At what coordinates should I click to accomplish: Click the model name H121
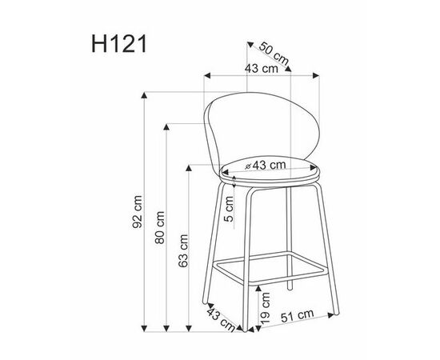tap(119, 44)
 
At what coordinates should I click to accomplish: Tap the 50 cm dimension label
tap(274, 54)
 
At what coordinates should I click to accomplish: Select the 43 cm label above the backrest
tap(262, 69)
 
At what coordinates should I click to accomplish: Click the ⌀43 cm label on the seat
tap(266, 165)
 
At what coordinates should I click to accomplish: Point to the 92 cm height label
tap(138, 212)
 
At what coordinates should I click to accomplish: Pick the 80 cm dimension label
tap(160, 227)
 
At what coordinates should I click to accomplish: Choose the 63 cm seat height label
tap(182, 250)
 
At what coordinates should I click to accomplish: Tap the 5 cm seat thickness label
tap(230, 209)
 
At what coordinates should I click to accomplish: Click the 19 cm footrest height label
tap(265, 307)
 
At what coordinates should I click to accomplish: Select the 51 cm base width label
tap(297, 316)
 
